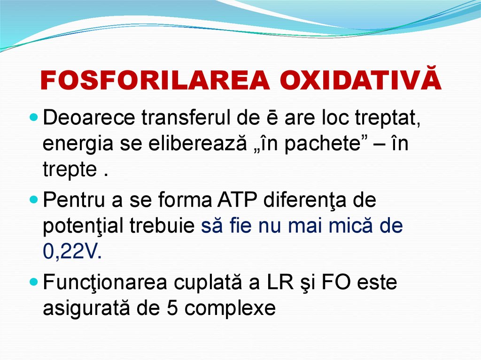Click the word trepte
click(69, 170)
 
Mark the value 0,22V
click(71, 252)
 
